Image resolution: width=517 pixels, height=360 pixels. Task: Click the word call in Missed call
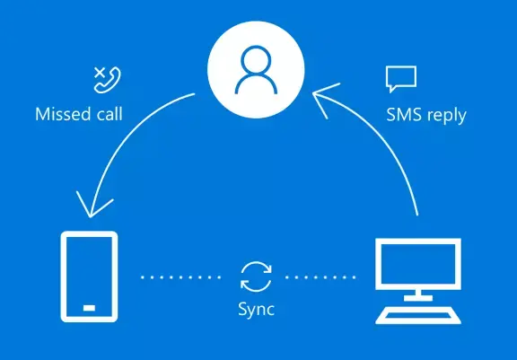pos(110,114)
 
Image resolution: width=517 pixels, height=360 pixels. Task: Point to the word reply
pos(446,117)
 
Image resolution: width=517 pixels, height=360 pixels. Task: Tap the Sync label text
pos(256,310)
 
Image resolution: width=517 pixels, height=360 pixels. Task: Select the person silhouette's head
pos(256,61)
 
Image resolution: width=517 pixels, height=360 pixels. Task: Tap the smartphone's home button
pos(89,308)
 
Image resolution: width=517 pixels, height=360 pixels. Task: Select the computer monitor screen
pos(418,264)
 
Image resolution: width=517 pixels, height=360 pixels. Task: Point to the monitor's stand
pos(418,295)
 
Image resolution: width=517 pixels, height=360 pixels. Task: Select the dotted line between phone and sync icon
pos(180,277)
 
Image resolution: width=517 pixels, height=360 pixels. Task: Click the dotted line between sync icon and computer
pos(320,277)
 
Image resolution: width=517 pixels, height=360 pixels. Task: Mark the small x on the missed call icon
pos(100,73)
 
